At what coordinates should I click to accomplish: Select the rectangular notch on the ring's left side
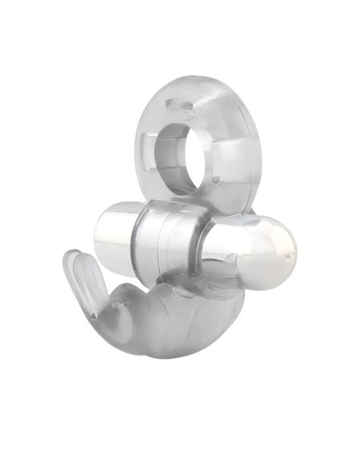tap(146, 149)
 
